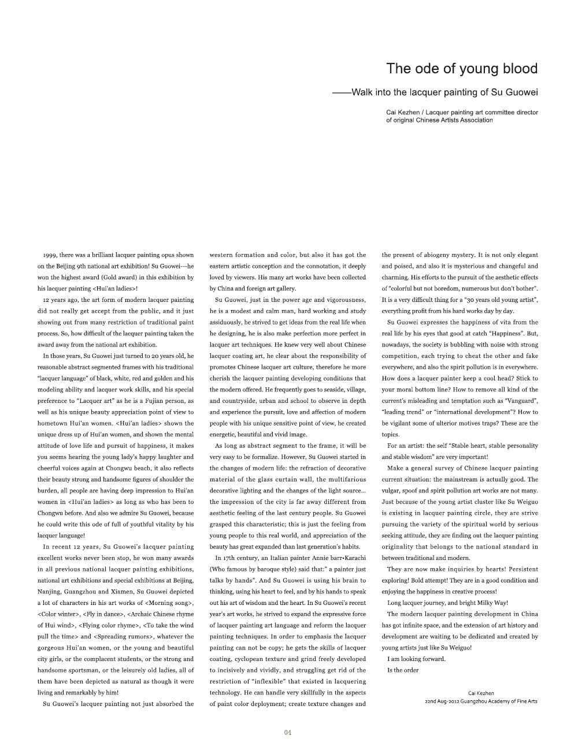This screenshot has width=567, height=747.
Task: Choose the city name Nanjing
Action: coord(49,591)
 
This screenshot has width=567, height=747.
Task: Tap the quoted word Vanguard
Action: coord(521,401)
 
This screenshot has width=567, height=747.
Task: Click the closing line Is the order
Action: coord(403,670)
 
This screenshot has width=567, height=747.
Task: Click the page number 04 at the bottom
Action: coord(287,733)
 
